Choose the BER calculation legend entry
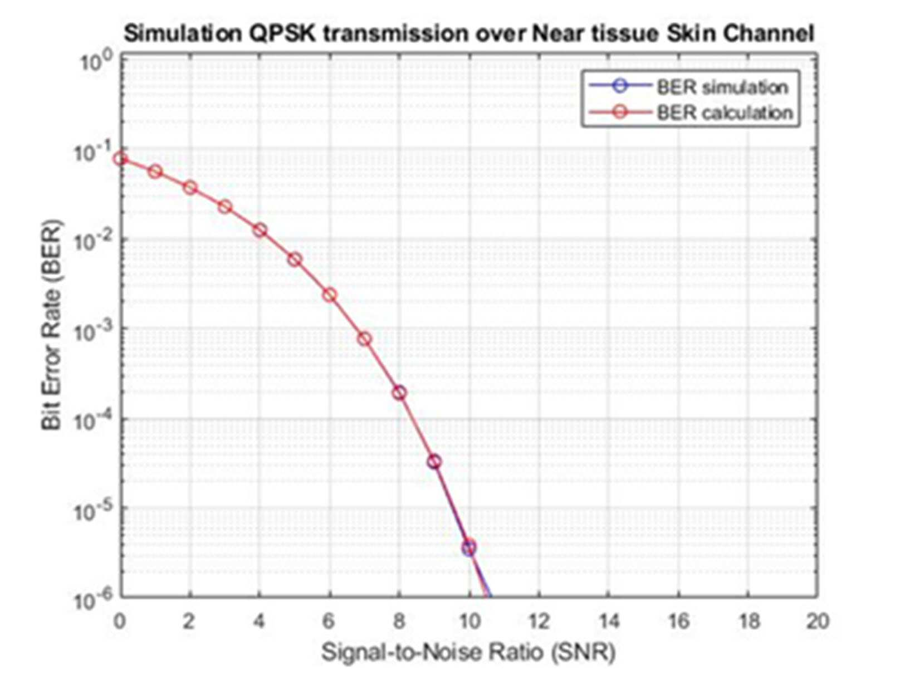pos(690,112)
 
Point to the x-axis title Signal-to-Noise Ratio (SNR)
pos(468,652)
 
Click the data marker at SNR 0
pos(120,159)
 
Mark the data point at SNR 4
pos(260,230)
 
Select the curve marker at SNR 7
pos(364,339)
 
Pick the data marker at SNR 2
pos(190,188)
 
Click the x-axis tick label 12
pos(539,620)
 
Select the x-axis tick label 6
pos(329,620)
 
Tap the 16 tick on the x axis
pos(678,620)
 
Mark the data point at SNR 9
pos(434,462)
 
